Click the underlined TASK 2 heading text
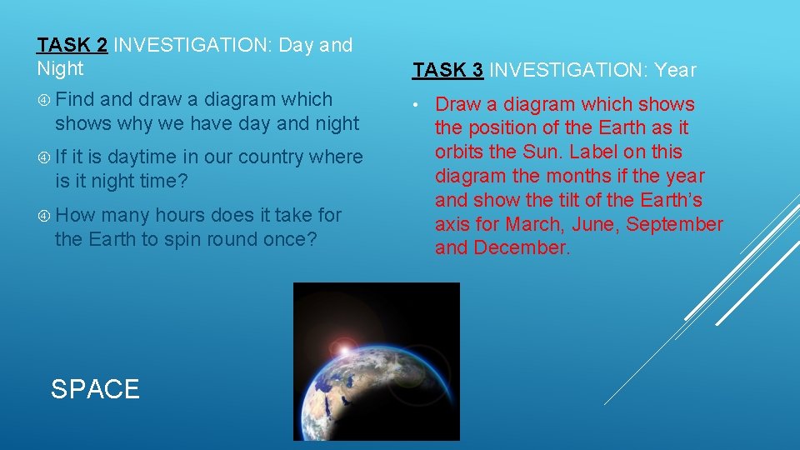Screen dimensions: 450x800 coord(72,45)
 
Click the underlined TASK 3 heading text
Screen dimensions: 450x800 coord(448,71)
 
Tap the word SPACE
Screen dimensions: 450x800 coord(95,389)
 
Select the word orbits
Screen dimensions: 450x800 coord(461,152)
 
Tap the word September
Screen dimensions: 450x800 coord(675,224)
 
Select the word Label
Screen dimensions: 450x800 coord(594,152)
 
